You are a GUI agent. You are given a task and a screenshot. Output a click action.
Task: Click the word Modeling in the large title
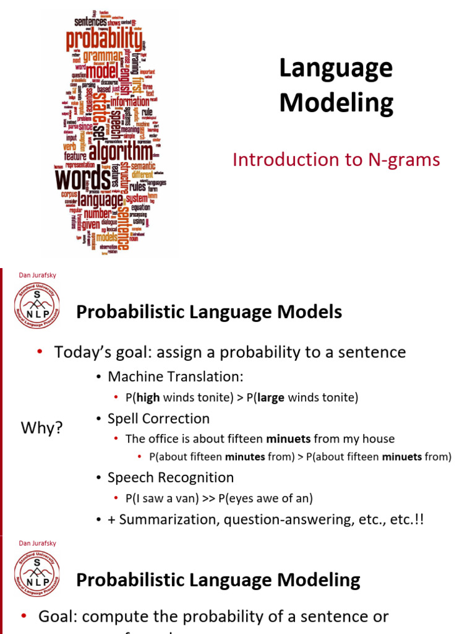[336, 103]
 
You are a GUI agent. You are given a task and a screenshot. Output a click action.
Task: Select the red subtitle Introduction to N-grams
[336, 160]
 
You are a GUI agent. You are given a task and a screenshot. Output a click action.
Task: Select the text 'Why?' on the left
[41, 428]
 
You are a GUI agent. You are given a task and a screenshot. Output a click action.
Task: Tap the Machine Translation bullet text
[176, 376]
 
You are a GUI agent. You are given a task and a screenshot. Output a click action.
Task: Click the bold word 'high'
[148, 397]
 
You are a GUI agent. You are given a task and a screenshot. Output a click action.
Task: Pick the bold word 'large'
[270, 397]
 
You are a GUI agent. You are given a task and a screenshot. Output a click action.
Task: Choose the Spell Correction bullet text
[158, 419]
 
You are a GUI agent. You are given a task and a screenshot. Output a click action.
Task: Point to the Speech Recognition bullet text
[171, 477]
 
